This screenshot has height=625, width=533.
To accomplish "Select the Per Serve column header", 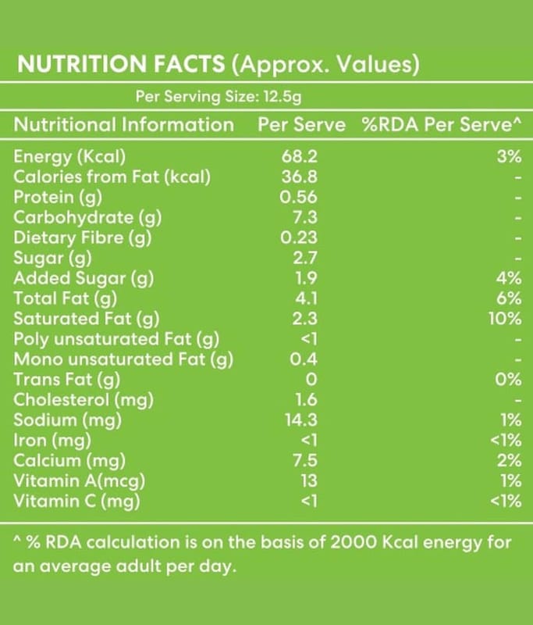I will tap(301, 125).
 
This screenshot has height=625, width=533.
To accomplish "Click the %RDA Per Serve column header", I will tap(441, 125).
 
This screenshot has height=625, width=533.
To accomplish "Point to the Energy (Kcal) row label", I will tap(70, 157).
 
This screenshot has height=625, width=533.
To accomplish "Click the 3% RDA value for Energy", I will tap(508, 157).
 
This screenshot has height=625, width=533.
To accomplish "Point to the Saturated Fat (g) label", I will tap(86, 319).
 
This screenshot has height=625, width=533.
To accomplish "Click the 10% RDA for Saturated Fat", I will tap(506, 319).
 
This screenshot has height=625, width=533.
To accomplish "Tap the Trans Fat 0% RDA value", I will tap(508, 380).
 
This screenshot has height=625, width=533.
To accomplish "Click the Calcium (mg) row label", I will tap(70, 461).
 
